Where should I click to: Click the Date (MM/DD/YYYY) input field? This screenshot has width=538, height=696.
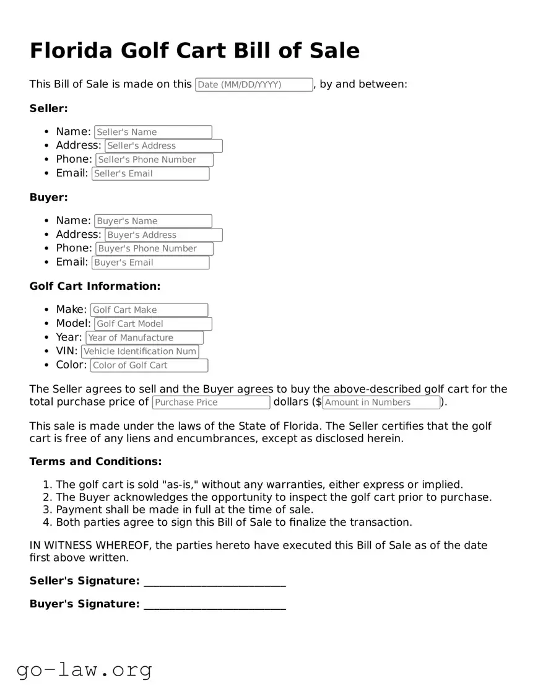coord(254,85)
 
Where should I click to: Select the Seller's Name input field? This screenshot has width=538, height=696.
coord(153,132)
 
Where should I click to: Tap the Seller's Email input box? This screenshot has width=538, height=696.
coord(150,174)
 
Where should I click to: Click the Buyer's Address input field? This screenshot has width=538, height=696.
coord(163,235)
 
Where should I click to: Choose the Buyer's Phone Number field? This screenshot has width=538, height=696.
coord(154,249)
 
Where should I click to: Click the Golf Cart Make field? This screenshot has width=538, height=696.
coord(149,310)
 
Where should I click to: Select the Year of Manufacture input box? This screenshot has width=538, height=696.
coord(144,338)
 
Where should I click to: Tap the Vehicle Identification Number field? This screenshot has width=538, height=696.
coord(140,352)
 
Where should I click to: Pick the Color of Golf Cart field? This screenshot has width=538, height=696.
coord(149,365)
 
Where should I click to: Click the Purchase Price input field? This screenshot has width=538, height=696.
coord(211,402)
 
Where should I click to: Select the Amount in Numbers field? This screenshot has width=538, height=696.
coord(381,402)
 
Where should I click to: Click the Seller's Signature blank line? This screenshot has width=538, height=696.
coord(214,581)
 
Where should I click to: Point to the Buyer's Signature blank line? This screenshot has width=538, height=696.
coord(214,605)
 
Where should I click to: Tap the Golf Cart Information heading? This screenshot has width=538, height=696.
coord(95,286)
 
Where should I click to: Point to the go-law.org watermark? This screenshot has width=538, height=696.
coord(84,670)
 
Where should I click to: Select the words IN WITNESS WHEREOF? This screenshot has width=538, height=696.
coord(90,546)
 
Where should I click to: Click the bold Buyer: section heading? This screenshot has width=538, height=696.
coord(48,198)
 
